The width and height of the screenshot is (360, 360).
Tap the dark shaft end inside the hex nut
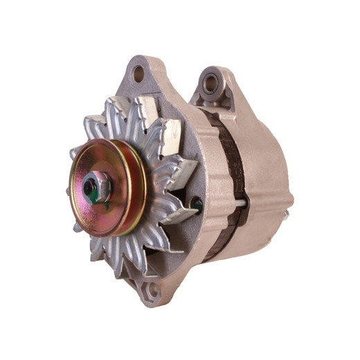coord(90,187)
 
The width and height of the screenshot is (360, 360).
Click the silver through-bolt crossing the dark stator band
coord(239,203)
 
